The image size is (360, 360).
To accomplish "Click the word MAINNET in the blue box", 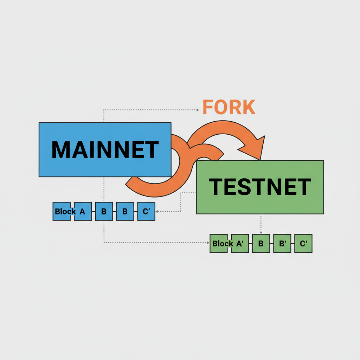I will (x=105, y=150).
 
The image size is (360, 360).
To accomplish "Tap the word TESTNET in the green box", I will (x=260, y=187).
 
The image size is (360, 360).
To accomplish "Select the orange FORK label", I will (x=229, y=107).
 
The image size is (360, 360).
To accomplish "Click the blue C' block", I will (x=146, y=211).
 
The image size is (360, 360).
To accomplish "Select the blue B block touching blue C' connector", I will (x=125, y=211).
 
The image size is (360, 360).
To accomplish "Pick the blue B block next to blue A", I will (x=104, y=211).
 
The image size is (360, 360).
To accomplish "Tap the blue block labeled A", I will (x=83, y=211).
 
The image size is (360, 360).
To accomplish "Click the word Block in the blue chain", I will (x=65, y=211).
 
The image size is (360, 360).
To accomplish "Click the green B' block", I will (x=282, y=243).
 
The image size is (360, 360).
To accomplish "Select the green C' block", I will (x=303, y=243).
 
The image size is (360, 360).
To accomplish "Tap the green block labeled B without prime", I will (x=261, y=243).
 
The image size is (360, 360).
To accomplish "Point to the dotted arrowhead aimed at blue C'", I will (x=157, y=211).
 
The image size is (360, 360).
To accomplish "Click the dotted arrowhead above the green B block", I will (x=261, y=232).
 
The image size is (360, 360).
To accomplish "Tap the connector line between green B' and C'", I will (x=292, y=243).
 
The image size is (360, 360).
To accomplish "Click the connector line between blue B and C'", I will (x=135, y=211).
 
